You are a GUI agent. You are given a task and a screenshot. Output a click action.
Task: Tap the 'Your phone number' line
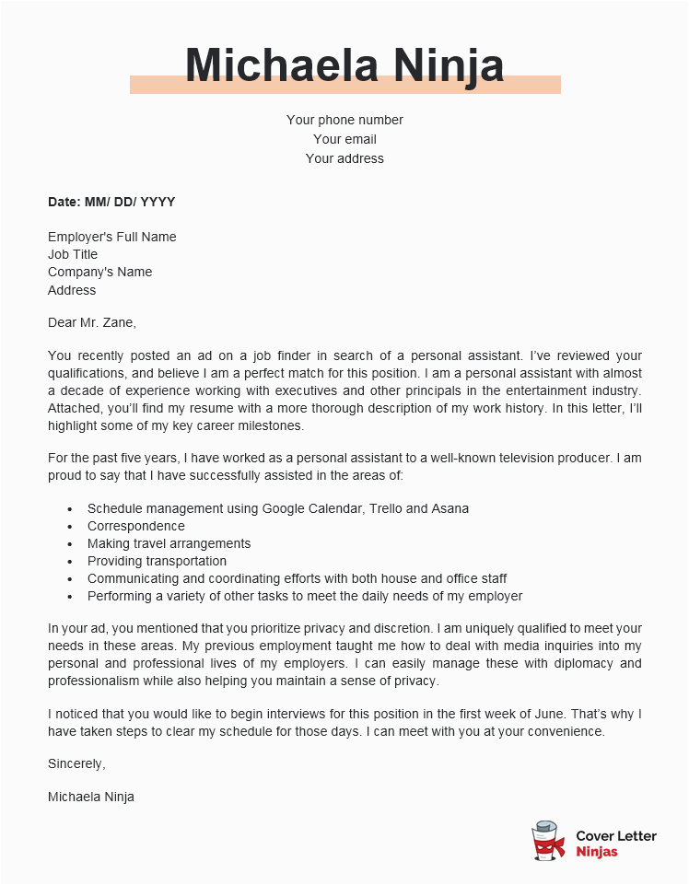coord(344,120)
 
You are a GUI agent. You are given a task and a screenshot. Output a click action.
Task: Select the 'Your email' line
coord(344,139)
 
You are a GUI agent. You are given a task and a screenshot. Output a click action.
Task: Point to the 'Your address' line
coord(344,158)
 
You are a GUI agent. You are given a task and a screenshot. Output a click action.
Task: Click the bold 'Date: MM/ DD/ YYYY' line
coord(111,202)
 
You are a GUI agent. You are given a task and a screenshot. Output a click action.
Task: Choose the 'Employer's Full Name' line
coord(111,237)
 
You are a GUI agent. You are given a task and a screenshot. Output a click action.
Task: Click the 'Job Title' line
coord(73,254)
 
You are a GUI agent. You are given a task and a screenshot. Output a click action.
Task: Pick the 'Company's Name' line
coord(99,272)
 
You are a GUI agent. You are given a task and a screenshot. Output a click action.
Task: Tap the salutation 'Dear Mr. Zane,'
coord(91,322)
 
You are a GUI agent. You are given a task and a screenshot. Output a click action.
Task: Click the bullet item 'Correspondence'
coord(135,526)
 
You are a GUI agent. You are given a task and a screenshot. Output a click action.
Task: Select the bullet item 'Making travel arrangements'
coord(169,543)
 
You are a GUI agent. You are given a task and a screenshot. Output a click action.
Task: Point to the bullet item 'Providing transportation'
coord(157,561)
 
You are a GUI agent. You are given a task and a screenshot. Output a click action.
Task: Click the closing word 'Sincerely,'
coord(76,763)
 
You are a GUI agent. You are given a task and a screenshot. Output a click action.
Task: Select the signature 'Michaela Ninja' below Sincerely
coord(91,797)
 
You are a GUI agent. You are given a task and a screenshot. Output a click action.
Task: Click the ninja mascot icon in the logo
coord(549,842)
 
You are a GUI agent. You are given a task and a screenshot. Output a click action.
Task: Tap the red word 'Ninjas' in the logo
coord(597,852)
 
